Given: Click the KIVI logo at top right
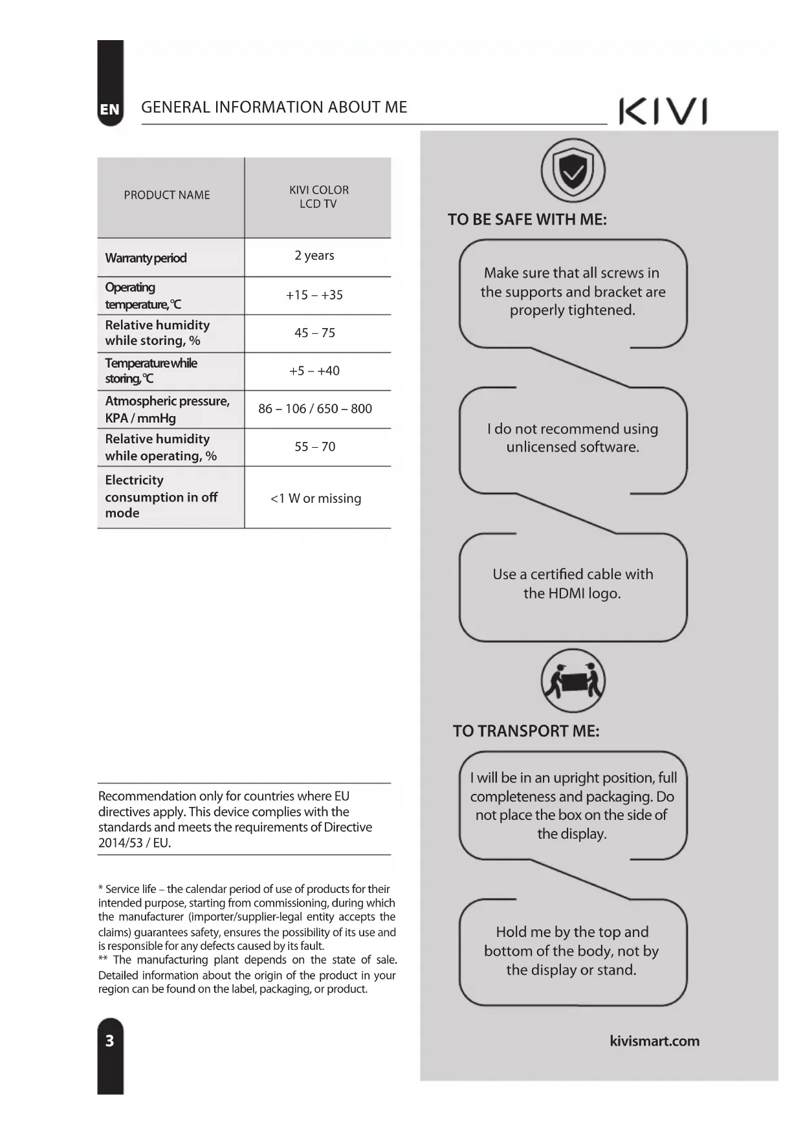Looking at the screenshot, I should coord(663,111).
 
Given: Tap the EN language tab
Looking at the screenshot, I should coord(110,109).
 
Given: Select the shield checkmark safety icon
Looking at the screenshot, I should coord(573,171).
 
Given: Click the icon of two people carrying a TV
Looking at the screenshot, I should coord(573,682).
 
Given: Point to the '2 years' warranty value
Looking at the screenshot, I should coord(314,256).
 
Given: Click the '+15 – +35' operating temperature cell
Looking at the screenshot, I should coord(314,295).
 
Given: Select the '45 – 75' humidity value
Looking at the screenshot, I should coord(314,333).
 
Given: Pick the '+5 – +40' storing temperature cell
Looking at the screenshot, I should coord(314,371).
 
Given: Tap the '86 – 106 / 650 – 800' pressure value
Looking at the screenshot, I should coord(315,409).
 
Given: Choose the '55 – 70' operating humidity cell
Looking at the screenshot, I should coord(314,446).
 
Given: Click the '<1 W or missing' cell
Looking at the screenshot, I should coord(316,498).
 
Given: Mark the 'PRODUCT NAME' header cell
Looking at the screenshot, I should coord(167,195).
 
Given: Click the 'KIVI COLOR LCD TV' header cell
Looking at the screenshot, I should coord(318,197).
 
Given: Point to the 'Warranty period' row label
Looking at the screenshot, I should coord(146,258).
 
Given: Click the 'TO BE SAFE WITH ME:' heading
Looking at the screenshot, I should coord(527,220).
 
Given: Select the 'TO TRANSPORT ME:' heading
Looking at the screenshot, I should coord(526,731).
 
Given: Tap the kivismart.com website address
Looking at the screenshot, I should coord(654,1041).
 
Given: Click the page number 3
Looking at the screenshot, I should coord(110,1041).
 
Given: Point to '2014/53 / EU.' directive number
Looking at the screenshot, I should coord(135,843).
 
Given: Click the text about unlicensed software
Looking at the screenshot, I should coord(573,438).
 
